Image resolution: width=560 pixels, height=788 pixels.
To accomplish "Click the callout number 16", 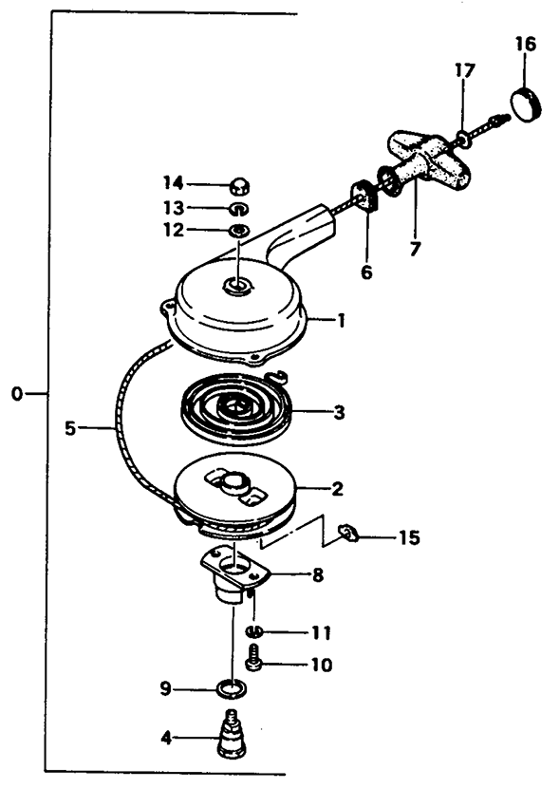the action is coord(525,45).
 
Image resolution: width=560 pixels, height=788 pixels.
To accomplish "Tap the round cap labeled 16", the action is coord(527,103).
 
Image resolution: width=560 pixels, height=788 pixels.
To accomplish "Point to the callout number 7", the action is coord(415,248).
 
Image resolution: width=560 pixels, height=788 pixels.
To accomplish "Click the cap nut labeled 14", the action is coord(240,186).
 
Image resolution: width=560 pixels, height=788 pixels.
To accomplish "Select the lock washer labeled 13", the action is coord(239,208).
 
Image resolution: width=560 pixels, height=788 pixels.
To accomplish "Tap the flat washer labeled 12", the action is coord(238,231).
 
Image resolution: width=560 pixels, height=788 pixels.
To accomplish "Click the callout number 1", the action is coord(342,321).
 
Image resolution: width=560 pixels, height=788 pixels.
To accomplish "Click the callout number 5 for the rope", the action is coord(70,429).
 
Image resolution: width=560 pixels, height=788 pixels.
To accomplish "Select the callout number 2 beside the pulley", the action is coord(338,488).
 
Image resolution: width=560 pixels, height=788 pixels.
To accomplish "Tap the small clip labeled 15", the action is coord(348,534).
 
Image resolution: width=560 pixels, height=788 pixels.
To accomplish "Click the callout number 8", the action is coord(317,575).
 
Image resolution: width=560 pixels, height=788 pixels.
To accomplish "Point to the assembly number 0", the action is coord(17,394).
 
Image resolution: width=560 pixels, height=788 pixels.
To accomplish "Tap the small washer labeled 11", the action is coord(254,631).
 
